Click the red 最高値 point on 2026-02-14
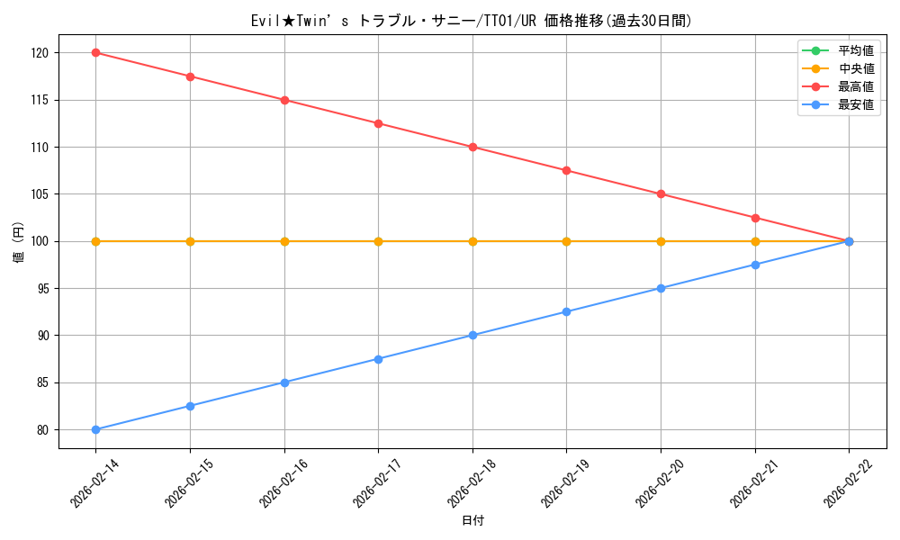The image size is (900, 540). (95, 53)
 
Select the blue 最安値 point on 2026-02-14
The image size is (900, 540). (95, 429)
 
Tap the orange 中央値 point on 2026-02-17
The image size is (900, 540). (378, 241)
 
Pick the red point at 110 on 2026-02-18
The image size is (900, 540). (472, 147)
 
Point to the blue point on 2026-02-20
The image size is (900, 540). (661, 288)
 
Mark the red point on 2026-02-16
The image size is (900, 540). (284, 100)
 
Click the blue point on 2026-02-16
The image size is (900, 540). (284, 382)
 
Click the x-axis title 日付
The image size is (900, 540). (472, 521)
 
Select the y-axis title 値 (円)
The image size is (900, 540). (19, 241)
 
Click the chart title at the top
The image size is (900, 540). (472, 21)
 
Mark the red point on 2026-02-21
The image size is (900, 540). (755, 218)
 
